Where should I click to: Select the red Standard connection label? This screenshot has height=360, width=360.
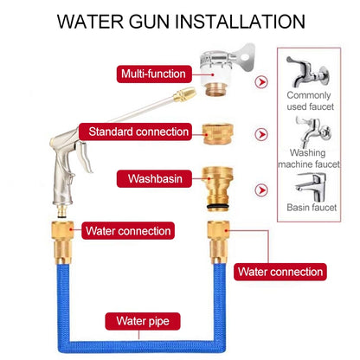tap(138, 132)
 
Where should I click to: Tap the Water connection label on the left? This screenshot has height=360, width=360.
tap(127, 231)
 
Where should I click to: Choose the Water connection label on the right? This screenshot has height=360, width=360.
tap(280, 272)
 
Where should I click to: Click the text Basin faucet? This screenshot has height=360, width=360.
tap(312, 209)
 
